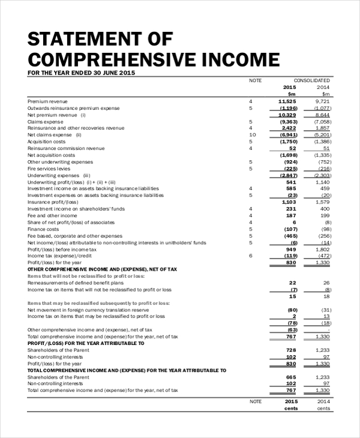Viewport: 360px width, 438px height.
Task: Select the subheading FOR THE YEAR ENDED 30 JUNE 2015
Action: pyautogui.click(x=82, y=73)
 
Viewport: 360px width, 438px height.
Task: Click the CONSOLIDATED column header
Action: pyautogui.click(x=311, y=80)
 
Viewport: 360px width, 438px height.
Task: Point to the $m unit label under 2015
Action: pyautogui.click(x=292, y=94)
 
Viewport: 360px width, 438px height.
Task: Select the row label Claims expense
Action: pyautogui.click(x=45, y=121)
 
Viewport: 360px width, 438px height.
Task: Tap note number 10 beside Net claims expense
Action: pyautogui.click(x=252, y=135)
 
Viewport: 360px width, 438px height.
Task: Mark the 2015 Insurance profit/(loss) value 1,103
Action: pyautogui.click(x=289, y=202)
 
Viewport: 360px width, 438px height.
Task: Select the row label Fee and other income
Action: pyautogui.click(x=52, y=215)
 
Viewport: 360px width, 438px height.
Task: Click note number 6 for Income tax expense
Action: pyautogui.click(x=251, y=256)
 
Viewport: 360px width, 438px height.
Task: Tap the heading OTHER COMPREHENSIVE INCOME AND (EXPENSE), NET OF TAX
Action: pyautogui.click(x=103, y=269)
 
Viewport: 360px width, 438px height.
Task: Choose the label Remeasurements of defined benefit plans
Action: pyautogui.click(x=76, y=283)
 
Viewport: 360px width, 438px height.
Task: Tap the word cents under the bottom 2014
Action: pyautogui.click(x=323, y=409)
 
